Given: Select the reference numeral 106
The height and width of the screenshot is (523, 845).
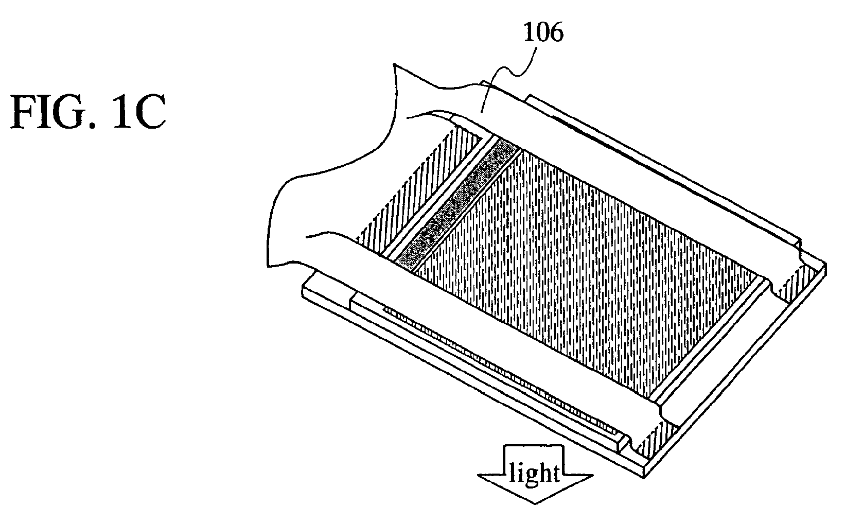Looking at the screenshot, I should tap(543, 34).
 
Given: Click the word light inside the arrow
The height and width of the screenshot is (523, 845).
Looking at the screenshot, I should tap(534, 472).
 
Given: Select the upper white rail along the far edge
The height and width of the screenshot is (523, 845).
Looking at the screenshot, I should tap(643, 170).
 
